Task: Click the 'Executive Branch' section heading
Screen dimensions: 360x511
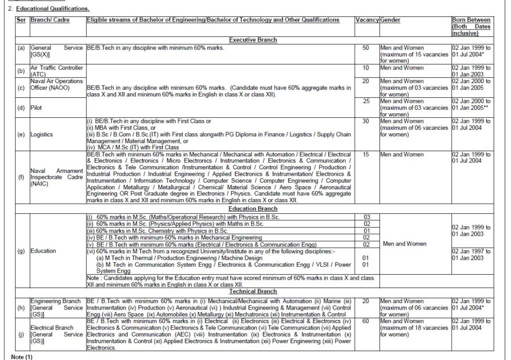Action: point(253,39)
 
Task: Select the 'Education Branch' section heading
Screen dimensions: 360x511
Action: point(253,208)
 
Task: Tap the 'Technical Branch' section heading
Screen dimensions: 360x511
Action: point(253,291)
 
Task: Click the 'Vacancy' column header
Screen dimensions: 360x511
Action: point(367,19)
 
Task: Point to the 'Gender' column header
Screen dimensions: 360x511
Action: point(390,19)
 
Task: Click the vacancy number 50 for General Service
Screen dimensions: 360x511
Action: point(366,47)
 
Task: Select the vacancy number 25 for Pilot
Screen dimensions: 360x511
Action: point(366,101)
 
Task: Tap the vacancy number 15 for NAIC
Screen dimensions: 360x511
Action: point(366,155)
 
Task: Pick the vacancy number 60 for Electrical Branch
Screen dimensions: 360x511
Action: point(366,321)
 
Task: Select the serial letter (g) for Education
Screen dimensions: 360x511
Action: point(21,251)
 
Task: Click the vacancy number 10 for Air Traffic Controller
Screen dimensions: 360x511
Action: point(366,67)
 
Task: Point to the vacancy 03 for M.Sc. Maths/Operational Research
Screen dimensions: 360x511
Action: point(367,217)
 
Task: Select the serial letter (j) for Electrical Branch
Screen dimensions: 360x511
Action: point(21,335)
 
